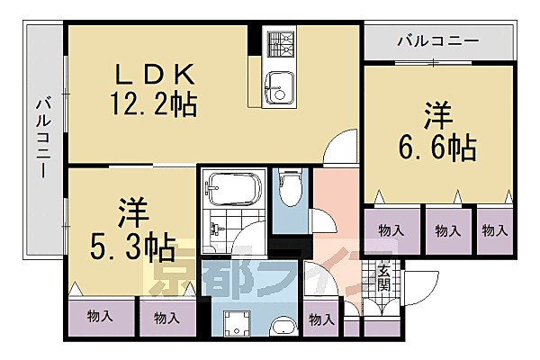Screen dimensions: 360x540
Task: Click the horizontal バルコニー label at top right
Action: (437, 40)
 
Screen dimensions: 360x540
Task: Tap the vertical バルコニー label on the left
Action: (42, 135)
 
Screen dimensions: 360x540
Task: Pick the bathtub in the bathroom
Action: (232, 189)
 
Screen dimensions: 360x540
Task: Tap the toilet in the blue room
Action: (290, 189)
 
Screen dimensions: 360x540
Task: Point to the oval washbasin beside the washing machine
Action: (283, 328)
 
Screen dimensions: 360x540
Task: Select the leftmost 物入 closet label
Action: (99, 317)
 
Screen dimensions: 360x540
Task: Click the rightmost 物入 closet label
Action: (494, 231)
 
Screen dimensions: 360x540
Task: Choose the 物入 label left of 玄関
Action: (320, 319)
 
